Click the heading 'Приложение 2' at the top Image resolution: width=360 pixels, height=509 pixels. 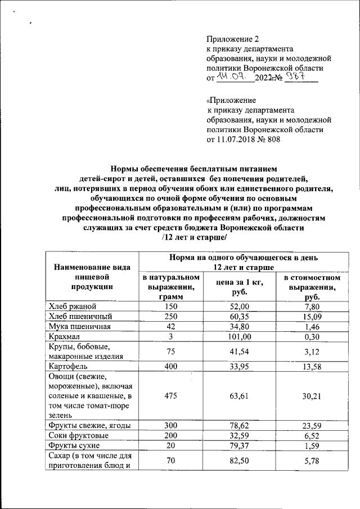click(234, 39)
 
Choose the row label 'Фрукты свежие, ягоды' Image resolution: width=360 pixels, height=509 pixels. click(89, 425)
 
